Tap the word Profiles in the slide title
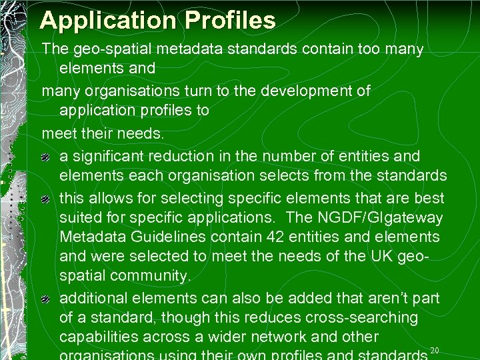coord(230,20)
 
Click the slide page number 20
coord(435,351)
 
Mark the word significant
coord(112,157)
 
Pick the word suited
coord(79,217)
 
